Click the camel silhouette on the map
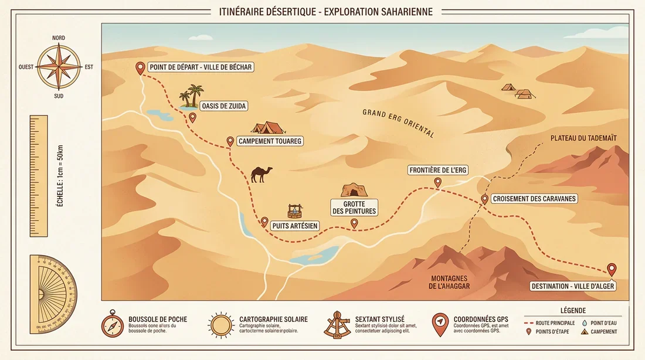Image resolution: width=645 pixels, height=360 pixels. coord(262,174)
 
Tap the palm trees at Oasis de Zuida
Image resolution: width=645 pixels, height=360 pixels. coord(192,97)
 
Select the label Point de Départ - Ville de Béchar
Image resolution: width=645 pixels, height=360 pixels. coord(201,67)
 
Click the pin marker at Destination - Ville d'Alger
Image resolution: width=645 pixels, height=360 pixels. coord(612,269)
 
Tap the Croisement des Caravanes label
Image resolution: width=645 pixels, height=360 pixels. coord(534,199)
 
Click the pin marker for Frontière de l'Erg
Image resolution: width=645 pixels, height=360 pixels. coord(437,182)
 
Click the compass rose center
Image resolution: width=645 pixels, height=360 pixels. coord(59,67)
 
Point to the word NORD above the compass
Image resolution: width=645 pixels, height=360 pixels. coord(59,38)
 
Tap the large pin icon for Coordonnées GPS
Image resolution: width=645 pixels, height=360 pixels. coord(440,324)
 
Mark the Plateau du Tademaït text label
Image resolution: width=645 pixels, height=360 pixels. coord(583,138)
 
